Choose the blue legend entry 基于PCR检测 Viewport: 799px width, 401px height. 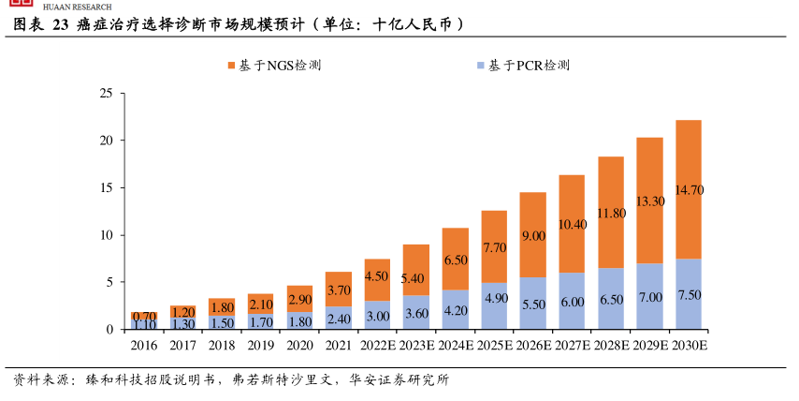tap(523, 66)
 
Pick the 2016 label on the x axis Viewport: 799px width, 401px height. tap(143, 346)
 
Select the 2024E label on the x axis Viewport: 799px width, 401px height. tap(455, 346)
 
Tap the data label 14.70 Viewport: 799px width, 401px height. tap(689, 189)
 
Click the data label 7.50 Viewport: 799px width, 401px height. tap(689, 295)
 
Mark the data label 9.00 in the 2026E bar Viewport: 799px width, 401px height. tap(533, 236)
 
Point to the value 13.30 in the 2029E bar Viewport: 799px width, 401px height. tap(649, 201)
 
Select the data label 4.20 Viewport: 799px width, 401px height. tap(455, 310)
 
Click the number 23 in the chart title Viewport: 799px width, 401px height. tap(60, 24)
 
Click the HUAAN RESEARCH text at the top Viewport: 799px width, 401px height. tap(77, 7)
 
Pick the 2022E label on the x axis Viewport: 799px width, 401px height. tap(377, 346)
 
